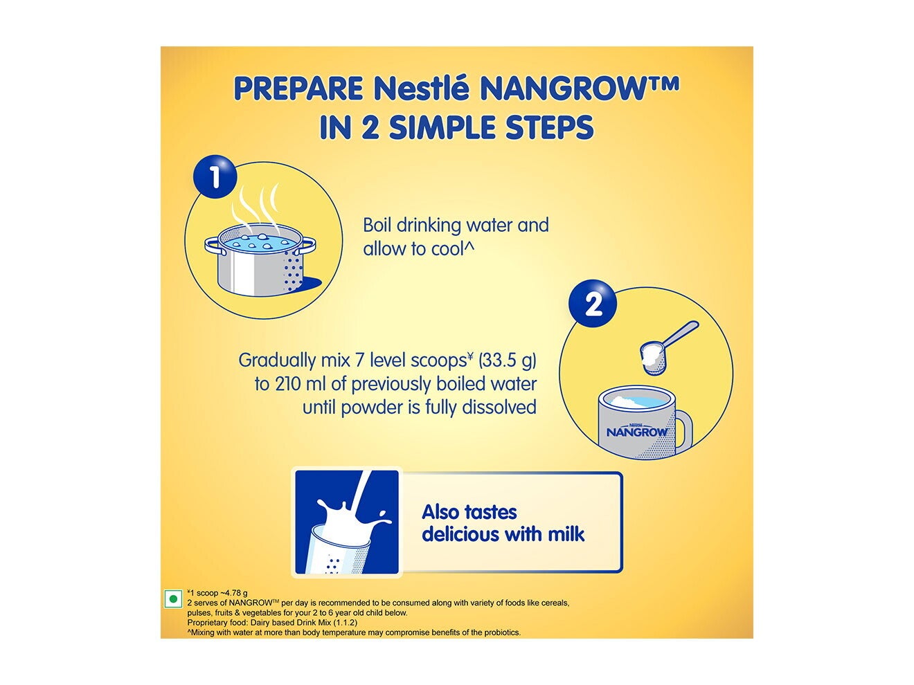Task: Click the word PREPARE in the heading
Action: [x=298, y=89]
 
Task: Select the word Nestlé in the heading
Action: [x=421, y=89]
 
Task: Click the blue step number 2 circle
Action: [x=593, y=303]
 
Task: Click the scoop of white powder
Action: [x=654, y=356]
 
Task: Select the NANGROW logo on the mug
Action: [x=637, y=432]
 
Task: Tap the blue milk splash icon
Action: [x=347, y=522]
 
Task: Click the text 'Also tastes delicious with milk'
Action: [x=503, y=523]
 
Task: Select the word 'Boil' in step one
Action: [x=377, y=226]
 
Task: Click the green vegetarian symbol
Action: [x=172, y=599]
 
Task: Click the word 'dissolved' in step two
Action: [x=499, y=408]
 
